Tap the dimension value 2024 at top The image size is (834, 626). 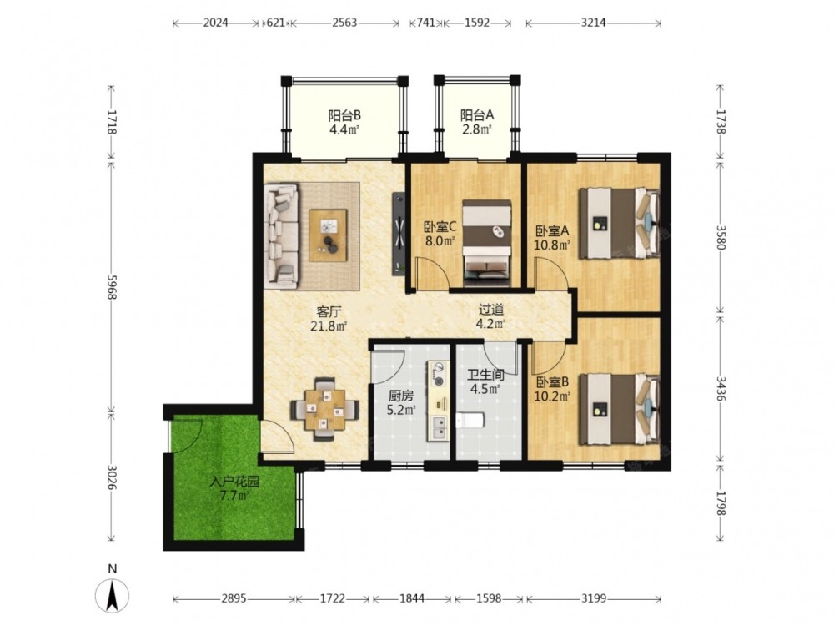(216, 23)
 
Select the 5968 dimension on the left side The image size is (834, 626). (112, 287)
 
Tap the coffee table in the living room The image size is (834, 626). (328, 235)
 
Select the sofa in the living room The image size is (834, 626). (282, 236)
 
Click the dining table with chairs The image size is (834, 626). (324, 409)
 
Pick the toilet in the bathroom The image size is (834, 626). (469, 421)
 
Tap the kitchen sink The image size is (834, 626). (440, 427)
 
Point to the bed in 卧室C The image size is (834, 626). (487, 243)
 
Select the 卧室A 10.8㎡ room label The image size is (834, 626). (553, 238)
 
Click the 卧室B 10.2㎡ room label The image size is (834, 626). (553, 389)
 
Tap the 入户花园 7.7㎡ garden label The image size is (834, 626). (234, 489)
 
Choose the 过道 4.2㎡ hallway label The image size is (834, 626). (491, 316)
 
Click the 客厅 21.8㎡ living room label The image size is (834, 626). (329, 319)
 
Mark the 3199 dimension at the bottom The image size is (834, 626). (594, 598)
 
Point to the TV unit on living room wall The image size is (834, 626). (399, 235)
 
